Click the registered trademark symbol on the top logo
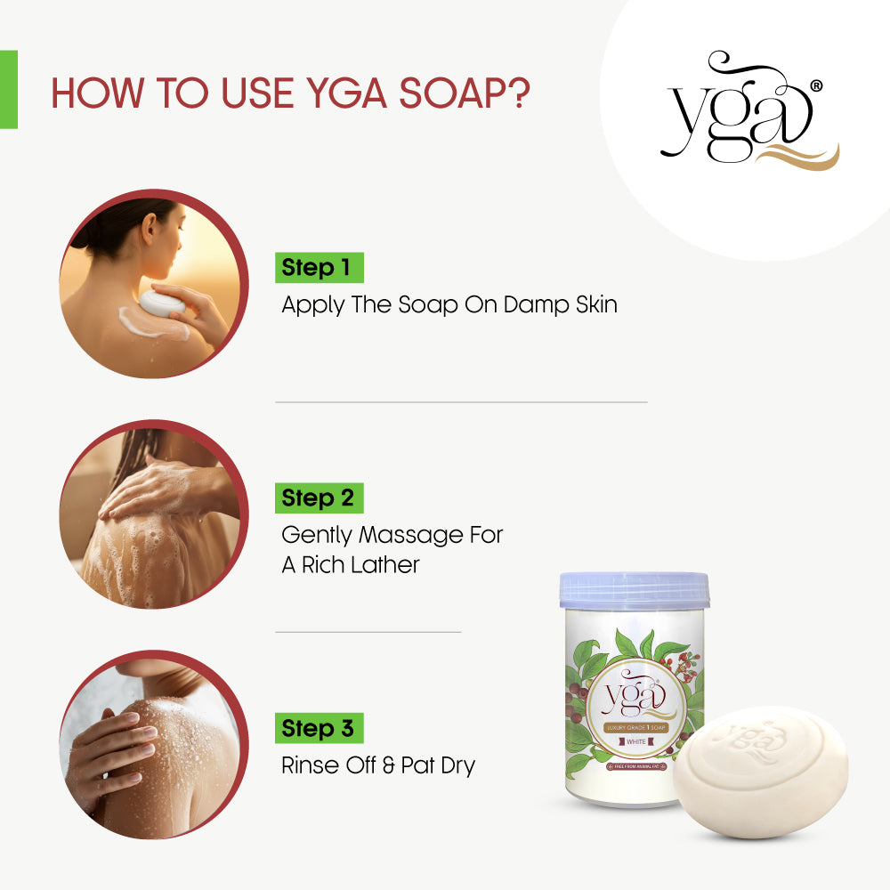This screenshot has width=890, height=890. tap(816, 86)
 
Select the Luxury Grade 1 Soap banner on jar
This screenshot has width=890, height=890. tap(635, 727)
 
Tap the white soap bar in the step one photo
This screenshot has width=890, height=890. tap(162, 303)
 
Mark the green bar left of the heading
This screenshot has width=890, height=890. tap(8, 89)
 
